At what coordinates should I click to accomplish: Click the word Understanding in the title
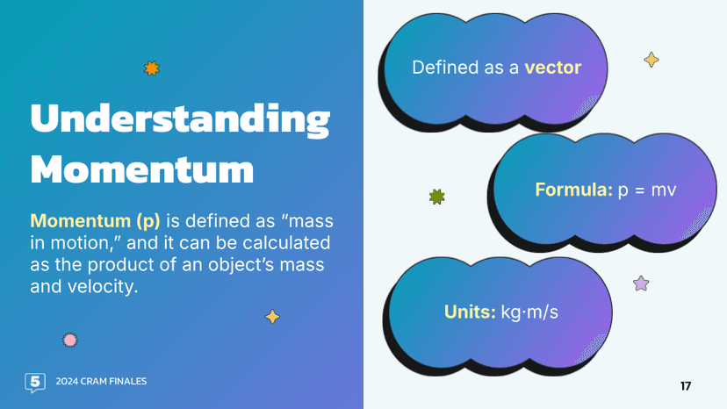[180, 120]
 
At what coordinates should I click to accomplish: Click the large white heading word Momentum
[142, 167]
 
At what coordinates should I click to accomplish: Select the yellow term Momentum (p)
[95, 220]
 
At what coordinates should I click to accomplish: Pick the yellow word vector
[552, 68]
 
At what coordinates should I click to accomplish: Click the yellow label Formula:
[573, 189]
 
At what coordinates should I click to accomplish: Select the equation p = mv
[647, 189]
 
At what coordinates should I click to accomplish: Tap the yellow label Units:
[470, 312]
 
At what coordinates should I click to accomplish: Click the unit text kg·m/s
[529, 312]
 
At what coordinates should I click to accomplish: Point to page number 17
[686, 386]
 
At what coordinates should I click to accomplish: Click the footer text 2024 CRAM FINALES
[101, 382]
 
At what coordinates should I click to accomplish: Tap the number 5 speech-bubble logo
[35, 382]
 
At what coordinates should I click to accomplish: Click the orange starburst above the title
[152, 68]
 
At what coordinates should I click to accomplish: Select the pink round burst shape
[70, 340]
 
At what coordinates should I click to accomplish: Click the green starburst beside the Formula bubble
[436, 197]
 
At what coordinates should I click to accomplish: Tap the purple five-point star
[641, 283]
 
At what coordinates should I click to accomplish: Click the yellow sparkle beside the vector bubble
[651, 60]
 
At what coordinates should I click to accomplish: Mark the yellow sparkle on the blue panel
[273, 317]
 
